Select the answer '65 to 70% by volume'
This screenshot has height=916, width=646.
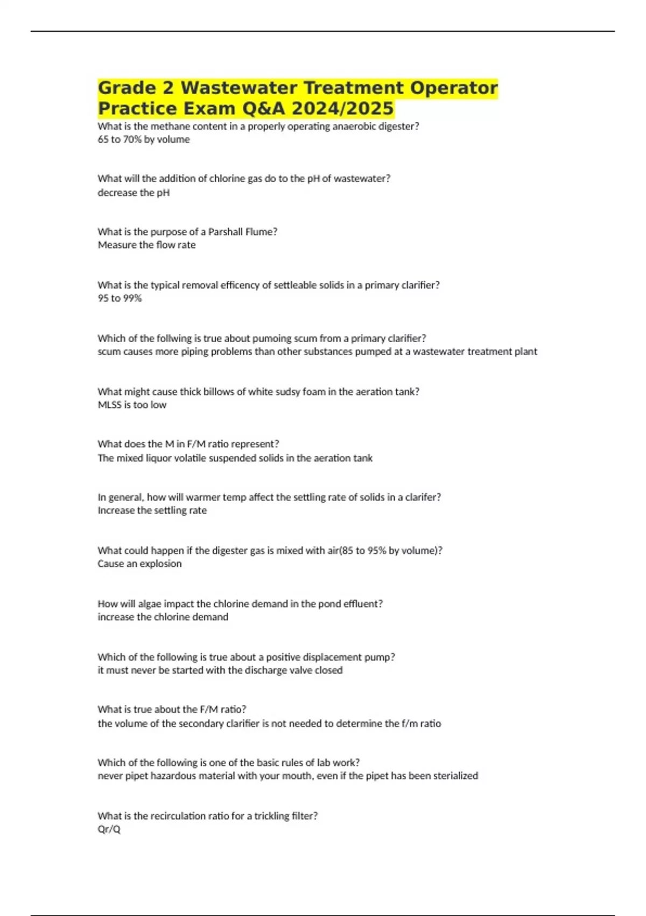[144, 140]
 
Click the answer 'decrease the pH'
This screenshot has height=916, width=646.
[134, 192]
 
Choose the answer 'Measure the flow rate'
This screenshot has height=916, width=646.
[146, 245]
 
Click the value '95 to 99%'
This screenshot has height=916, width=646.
[120, 298]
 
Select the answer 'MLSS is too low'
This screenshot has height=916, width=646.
[132, 405]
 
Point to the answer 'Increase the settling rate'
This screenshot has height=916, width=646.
[152, 510]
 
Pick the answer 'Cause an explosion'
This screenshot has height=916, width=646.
[139, 564]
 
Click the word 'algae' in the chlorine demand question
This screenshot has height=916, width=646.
[149, 604]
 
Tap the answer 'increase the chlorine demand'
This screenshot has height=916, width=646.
[163, 617]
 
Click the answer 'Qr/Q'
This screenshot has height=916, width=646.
[109, 829]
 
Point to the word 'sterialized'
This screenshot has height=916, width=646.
[452, 776]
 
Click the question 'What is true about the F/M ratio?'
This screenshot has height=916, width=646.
[172, 710]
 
